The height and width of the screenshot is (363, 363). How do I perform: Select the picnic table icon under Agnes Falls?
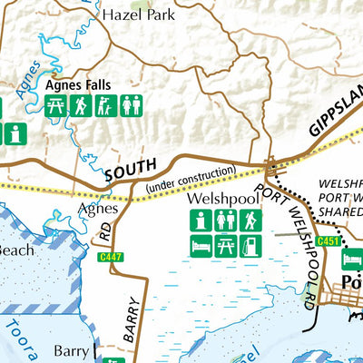[x=56, y=106]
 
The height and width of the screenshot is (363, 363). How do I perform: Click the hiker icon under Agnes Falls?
[x=81, y=106]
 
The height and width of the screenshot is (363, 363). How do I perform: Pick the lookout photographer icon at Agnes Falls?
[x=106, y=106]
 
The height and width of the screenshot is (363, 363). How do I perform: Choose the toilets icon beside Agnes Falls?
[x=131, y=106]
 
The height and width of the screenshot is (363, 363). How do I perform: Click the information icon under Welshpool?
[x=201, y=220]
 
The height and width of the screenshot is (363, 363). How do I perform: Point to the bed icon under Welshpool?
[x=201, y=244]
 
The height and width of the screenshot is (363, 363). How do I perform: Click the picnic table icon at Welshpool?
[x=225, y=244]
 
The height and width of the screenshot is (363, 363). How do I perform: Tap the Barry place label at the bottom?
[x=71, y=349]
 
